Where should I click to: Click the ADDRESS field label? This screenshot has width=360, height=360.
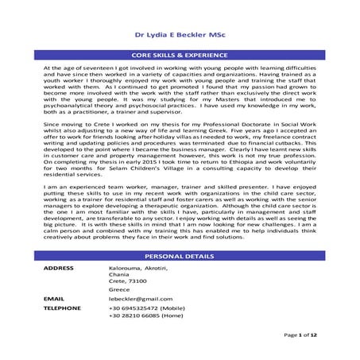pyautogui.click(x=57, y=269)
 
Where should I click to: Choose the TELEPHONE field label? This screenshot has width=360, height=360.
pyautogui.click(x=61, y=307)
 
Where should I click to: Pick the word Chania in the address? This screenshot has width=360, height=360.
pyautogui.click(x=118, y=275)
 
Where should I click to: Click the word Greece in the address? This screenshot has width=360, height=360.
pyautogui.click(x=118, y=289)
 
